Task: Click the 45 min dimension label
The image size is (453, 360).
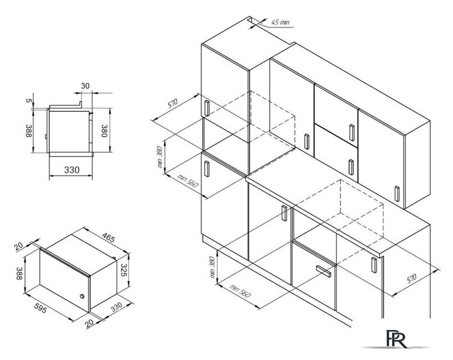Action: point(280,22)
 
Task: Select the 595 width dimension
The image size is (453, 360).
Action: point(40,308)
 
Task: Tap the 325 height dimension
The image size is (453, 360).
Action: point(124,270)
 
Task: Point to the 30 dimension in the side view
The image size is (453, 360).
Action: point(85,86)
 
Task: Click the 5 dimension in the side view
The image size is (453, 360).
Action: point(28,100)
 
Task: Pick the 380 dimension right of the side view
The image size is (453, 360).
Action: point(104,130)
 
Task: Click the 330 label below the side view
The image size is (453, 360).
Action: point(71,170)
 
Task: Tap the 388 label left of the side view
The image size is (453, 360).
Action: point(28,130)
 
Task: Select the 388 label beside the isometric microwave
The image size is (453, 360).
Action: point(19,273)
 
